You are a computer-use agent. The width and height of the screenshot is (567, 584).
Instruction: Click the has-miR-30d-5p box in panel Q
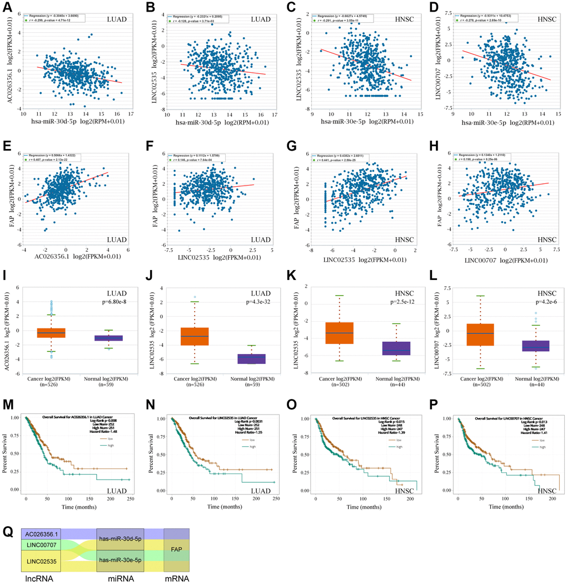120,534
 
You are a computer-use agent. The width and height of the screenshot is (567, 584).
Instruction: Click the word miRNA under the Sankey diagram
120,578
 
